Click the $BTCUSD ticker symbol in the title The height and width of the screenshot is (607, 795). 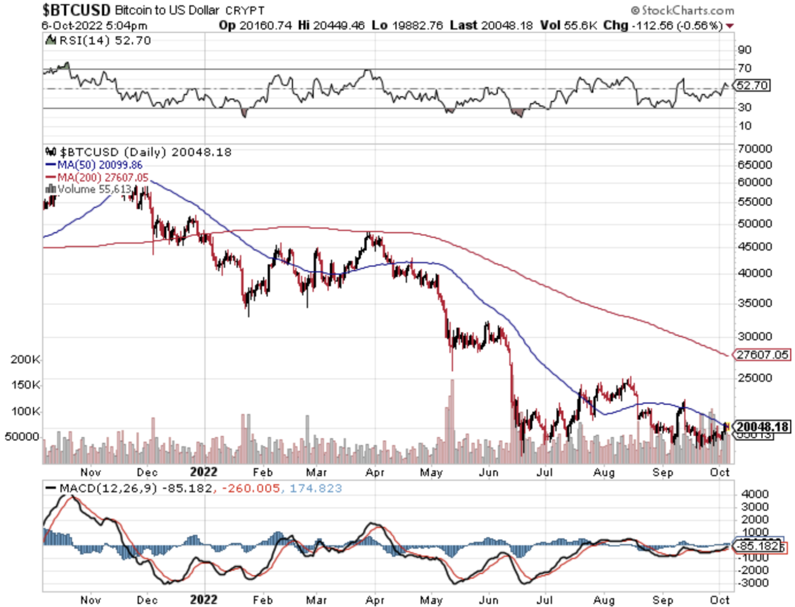pyautogui.click(x=76, y=10)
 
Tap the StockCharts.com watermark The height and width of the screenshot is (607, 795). pyautogui.click(x=682, y=10)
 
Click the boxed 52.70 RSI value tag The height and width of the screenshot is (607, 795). pyautogui.click(x=752, y=85)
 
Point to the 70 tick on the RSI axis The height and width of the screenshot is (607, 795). pyautogui.click(x=745, y=68)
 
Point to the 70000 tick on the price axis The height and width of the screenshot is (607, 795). pyautogui.click(x=755, y=149)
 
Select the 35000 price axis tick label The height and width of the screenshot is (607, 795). pyautogui.click(x=755, y=302)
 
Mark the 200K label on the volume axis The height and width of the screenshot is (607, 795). pyautogui.click(x=25, y=359)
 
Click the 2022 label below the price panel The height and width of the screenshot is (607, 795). pyautogui.click(x=203, y=472)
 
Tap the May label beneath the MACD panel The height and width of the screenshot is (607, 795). pyautogui.click(x=431, y=600)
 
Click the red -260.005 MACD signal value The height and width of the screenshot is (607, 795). pyautogui.click(x=251, y=488)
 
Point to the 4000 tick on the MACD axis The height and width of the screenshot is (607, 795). pyautogui.click(x=755, y=494)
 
